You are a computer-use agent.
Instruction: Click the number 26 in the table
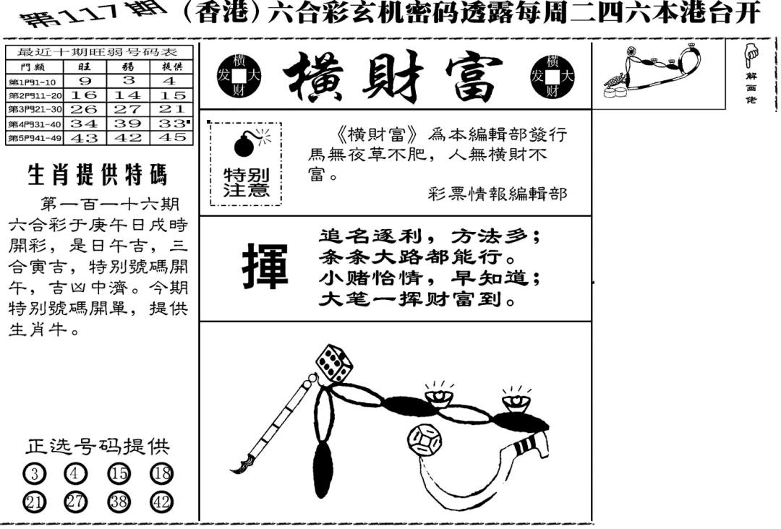(x=84, y=109)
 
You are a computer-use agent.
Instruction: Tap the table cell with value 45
(x=174, y=137)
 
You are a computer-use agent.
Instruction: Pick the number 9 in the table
(x=84, y=81)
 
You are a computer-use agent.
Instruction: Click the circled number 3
(x=34, y=473)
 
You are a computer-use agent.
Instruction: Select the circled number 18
(x=161, y=473)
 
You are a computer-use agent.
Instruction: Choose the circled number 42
(x=161, y=502)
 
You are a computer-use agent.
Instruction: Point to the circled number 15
(x=119, y=473)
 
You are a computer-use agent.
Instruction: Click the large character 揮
(x=264, y=267)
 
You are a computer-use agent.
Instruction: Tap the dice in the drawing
(x=333, y=364)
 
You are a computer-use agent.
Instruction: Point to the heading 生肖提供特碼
(x=97, y=175)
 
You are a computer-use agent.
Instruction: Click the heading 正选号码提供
(x=98, y=447)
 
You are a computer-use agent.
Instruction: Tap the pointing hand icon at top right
(x=751, y=53)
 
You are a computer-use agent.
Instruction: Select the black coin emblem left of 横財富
(x=239, y=76)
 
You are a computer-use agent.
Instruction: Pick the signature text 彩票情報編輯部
(x=498, y=194)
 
